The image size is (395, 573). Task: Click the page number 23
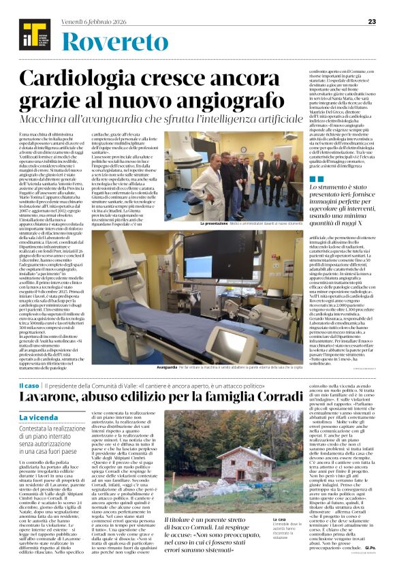372,21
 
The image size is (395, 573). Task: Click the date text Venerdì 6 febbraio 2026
94,20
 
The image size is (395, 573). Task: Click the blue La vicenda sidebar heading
39,418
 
